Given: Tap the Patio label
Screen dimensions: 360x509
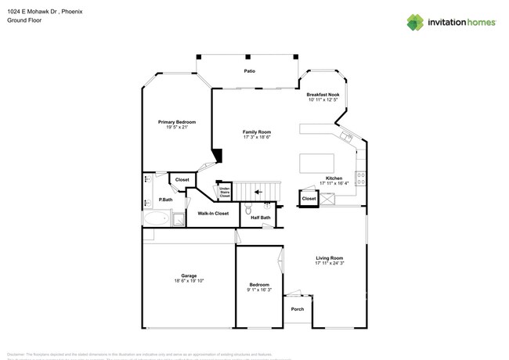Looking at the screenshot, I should (249, 71).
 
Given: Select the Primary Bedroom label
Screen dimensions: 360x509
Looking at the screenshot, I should (176, 122).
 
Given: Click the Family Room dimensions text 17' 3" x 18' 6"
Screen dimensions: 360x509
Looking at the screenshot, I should (256, 137).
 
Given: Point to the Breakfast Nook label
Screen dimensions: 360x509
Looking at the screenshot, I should (323, 95).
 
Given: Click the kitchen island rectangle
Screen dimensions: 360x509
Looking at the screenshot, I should (315, 163).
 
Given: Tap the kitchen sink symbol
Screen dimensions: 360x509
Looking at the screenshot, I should (348, 139).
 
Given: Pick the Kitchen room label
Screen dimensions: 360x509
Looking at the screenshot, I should (334, 178).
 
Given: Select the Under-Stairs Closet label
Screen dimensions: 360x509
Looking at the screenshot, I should (225, 191).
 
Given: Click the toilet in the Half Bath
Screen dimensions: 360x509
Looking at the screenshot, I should (247, 210).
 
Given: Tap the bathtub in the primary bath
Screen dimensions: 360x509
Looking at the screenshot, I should (155, 219).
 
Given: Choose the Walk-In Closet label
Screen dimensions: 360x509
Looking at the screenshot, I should (212, 213).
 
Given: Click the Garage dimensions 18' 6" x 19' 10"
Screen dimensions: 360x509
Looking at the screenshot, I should (189, 281).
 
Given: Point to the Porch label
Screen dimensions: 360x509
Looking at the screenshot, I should (298, 309).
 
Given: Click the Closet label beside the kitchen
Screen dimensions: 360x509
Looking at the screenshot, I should (309, 199).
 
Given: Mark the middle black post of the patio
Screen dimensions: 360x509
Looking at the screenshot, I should (247, 56).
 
